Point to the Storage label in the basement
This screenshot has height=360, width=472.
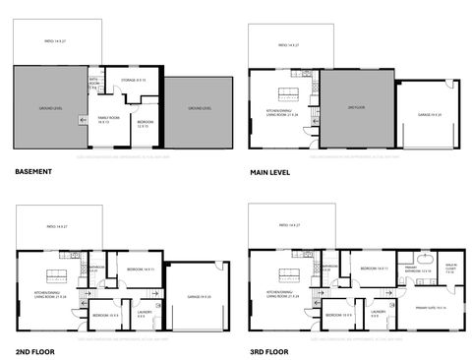(x=133, y=80)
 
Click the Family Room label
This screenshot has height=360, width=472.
(x=108, y=120)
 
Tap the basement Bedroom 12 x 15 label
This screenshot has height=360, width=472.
(x=143, y=124)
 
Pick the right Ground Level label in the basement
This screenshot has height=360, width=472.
(x=200, y=107)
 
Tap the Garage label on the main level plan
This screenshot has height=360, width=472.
(x=431, y=114)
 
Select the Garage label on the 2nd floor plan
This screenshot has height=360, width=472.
(x=197, y=296)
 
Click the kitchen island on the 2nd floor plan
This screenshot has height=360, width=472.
(x=55, y=274)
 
